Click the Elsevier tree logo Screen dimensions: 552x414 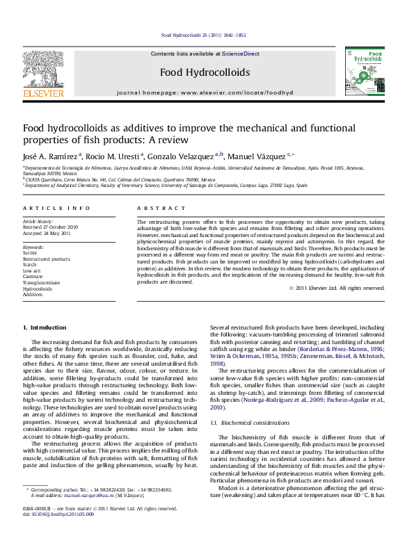click(x=44, y=71)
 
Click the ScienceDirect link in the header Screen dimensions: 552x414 click(x=241, y=54)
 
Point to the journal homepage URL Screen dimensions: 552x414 click(x=237, y=92)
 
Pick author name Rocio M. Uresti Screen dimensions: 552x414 click(x=114, y=156)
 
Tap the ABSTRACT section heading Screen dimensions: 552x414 click(x=157, y=208)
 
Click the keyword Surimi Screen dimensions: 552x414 click(x=31, y=253)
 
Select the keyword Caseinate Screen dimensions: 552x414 click(x=33, y=277)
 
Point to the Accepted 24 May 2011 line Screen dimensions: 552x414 click(x=47, y=233)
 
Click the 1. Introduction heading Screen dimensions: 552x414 click(x=45, y=327)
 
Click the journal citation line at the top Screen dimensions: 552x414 click(x=203, y=35)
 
